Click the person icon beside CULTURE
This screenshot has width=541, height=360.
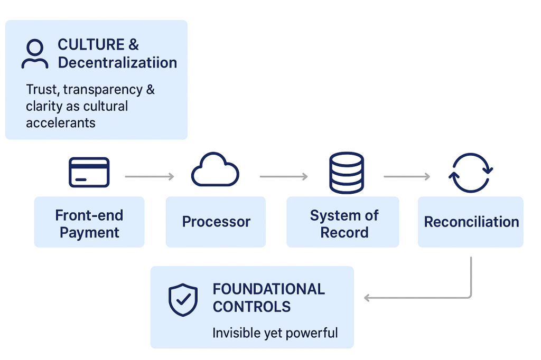(34, 54)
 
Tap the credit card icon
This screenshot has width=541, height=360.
(89, 172)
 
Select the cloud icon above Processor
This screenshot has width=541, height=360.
(215, 170)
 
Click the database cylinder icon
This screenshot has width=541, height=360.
(346, 173)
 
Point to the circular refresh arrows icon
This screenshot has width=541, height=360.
(470, 173)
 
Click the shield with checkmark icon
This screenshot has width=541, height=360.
(183, 300)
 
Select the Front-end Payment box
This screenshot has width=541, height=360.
(89, 222)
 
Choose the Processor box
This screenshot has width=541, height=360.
(216, 222)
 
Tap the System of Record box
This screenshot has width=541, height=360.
(343, 222)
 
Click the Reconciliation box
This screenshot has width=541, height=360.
(471, 222)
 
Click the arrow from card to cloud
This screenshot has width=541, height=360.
(150, 176)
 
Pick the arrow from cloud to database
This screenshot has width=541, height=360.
(284, 176)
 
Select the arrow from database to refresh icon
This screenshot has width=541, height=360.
(407, 176)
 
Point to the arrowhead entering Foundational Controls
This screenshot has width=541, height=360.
(368, 298)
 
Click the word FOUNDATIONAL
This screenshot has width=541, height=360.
(268, 289)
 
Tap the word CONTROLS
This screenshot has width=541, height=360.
(251, 307)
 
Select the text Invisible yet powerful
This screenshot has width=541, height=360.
(275, 333)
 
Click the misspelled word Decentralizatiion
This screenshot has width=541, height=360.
(117, 63)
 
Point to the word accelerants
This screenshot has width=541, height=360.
(61, 123)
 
